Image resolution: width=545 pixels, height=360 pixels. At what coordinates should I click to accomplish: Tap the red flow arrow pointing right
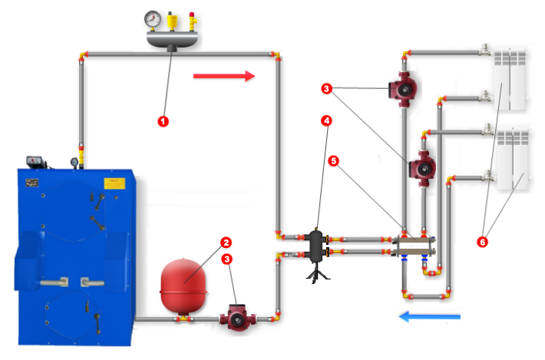[223, 75]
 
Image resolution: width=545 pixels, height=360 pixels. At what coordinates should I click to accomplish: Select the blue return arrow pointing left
[429, 315]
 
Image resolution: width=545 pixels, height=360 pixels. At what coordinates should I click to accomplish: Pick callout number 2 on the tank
[226, 243]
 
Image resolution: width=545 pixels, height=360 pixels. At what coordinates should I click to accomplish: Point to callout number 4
[327, 121]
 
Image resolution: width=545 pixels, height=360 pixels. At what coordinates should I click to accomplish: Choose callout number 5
[333, 161]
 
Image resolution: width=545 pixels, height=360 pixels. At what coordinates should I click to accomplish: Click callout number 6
[482, 242]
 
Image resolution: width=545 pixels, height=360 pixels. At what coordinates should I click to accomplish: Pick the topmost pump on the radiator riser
[402, 89]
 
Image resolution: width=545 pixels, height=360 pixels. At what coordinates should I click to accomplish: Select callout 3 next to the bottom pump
[226, 259]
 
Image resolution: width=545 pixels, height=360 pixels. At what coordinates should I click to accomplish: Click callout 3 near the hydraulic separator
[327, 90]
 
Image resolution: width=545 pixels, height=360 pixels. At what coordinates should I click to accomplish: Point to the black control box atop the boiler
[35, 162]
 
